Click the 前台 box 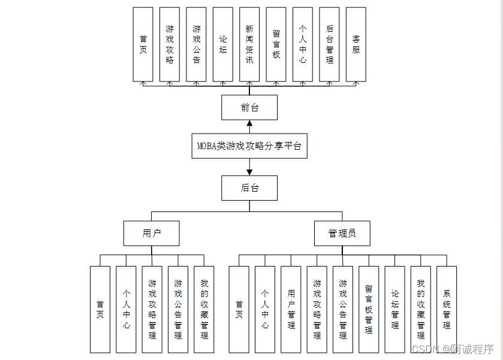[249, 107]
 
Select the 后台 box [249, 187]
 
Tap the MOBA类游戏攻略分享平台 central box [249, 146]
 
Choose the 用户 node [152, 233]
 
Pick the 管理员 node [342, 233]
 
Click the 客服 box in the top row [356, 44]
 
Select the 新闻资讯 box [249, 44]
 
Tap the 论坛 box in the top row [223, 44]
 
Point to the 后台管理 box [329, 44]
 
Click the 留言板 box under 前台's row [276, 44]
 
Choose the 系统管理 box [447, 309]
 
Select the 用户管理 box [291, 309]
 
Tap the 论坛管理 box [394, 309]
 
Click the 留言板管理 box [369, 309]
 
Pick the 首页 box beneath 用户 [100, 309]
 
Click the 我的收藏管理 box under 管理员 [421, 309]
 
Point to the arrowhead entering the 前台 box [249, 124]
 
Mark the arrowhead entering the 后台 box [249, 171]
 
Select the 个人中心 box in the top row [303, 44]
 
